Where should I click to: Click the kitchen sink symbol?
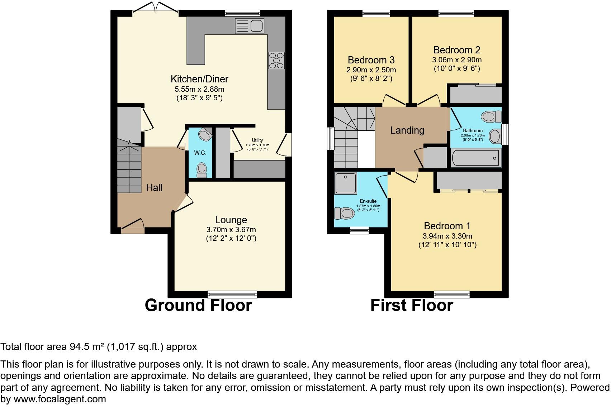coord(249,26)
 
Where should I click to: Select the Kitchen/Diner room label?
coord(199,79)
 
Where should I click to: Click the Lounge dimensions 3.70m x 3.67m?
coord(231,230)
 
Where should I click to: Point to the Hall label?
coord(154,187)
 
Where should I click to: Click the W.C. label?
coord(200,153)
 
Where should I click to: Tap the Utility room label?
coord(257,140)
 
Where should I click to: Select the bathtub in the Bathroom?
coord(475,158)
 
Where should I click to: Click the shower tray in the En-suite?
coord(345,183)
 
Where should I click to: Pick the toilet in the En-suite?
coord(344,214)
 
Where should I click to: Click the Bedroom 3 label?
coord(371,60)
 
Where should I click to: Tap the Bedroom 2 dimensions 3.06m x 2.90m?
coord(457,60)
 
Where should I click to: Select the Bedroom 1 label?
coord(447,226)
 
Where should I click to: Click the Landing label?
coord(407,130)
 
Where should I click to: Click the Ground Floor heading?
coord(198,305)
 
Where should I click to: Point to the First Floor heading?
coord(412,305)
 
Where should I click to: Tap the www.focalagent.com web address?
coord(60,399)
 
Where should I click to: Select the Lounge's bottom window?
coord(232,295)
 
